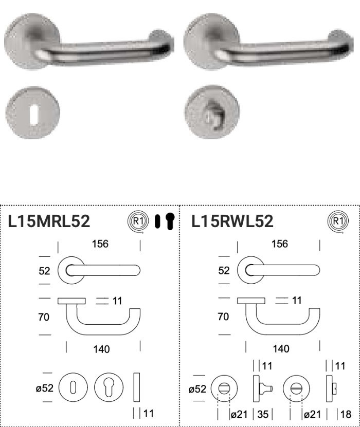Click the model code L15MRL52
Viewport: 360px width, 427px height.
pos(49,221)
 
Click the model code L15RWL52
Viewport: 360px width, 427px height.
pos(232,221)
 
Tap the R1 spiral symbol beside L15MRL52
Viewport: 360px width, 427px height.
pos(138,221)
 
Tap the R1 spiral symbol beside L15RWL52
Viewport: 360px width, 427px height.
pos(338,221)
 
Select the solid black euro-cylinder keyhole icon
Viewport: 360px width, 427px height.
pos(170,221)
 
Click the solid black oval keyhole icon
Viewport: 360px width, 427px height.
pos(157,221)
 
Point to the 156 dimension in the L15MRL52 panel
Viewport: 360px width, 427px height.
pos(100,244)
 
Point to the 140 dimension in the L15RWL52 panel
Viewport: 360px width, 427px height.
pos(281,349)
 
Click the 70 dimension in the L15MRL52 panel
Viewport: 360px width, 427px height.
pos(44,317)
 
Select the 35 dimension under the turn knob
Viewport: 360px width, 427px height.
pos(263,414)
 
